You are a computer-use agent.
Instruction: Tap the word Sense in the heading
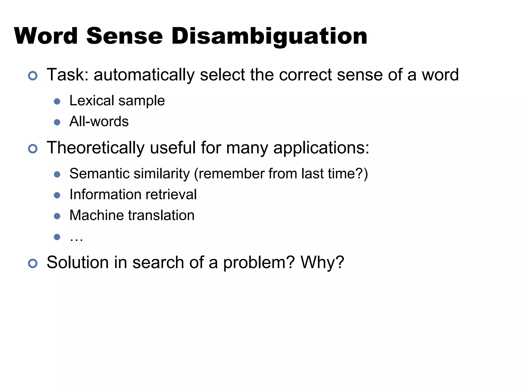(124, 36)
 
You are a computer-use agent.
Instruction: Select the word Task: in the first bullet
(67, 75)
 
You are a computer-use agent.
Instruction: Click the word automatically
(144, 75)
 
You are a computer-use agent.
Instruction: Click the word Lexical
(92, 101)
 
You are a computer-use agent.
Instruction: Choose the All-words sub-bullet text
(99, 121)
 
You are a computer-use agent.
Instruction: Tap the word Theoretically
(96, 148)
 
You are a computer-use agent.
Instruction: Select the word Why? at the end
(322, 262)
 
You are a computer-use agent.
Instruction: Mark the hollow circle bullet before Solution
(33, 263)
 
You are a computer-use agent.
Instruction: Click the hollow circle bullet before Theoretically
(33, 149)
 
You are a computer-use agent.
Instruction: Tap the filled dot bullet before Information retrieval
(57, 195)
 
